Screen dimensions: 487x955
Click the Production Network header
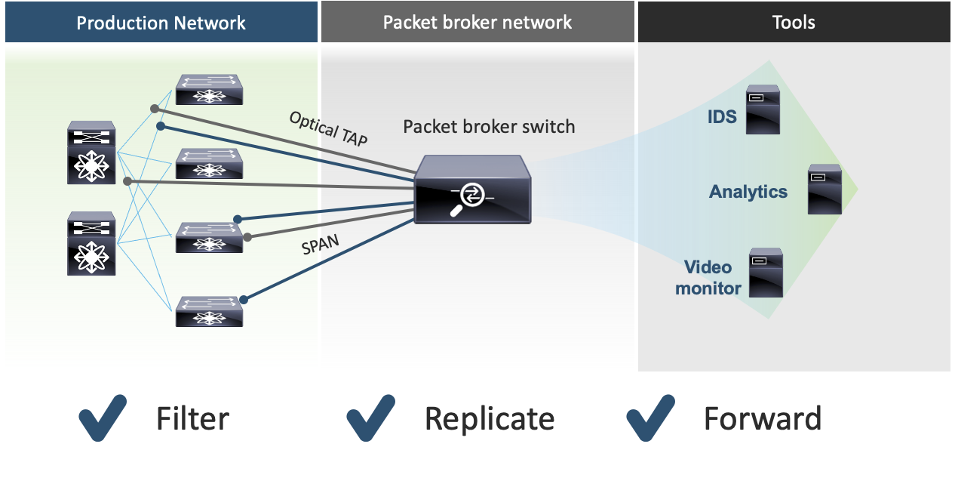161,23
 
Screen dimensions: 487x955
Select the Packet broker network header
477,22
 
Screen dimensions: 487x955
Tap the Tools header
794,22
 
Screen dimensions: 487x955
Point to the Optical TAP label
329,129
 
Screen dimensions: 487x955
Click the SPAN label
320,245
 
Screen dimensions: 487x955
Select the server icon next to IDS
763,109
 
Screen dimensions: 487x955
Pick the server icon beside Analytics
824,189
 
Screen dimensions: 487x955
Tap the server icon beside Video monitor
766,273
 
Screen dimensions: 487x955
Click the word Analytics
748,192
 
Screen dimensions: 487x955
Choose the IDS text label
722,117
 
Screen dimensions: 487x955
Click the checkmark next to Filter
103,417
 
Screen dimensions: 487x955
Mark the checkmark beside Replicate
371,417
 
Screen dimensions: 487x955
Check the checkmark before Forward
651,417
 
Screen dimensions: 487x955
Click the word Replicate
489,418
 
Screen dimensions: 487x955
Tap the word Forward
762,418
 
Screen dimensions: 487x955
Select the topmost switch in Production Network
209,89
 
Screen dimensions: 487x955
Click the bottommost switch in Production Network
209,311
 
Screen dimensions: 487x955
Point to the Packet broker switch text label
489,126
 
